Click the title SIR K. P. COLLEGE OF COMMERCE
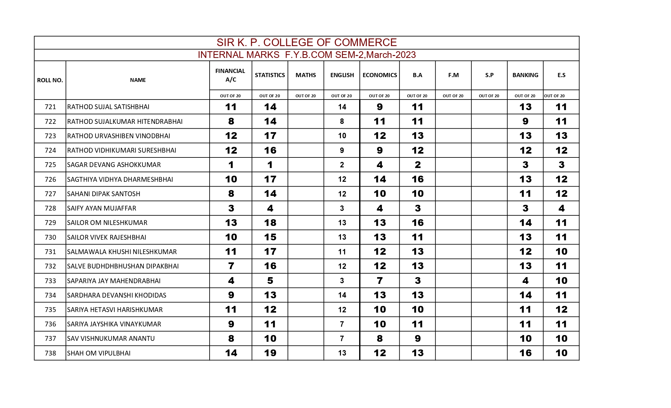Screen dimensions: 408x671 click(306, 43)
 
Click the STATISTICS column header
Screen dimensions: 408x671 click(270, 75)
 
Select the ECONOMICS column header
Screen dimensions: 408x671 click(380, 75)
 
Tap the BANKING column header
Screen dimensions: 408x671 click(525, 75)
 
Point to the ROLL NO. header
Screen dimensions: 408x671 click(50, 80)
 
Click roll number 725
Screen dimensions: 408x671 click(50, 165)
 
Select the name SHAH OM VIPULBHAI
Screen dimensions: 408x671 click(99, 353)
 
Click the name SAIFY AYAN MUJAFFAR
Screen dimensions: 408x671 click(102, 208)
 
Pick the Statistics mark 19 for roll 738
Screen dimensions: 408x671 click(270, 353)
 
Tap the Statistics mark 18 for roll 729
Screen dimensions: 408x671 click(270, 223)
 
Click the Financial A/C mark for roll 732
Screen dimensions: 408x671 click(231, 266)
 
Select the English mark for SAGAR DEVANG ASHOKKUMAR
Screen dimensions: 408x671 click(342, 165)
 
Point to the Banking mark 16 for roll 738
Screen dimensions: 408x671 click(525, 353)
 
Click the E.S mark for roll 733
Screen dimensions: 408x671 click(561, 281)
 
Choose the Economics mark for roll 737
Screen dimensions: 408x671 click(380, 339)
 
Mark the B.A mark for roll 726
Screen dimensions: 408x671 click(417, 179)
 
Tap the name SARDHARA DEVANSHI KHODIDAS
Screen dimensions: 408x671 click(117, 295)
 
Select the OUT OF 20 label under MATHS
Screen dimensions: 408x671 click(305, 96)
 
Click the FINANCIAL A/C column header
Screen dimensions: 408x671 click(230, 75)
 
